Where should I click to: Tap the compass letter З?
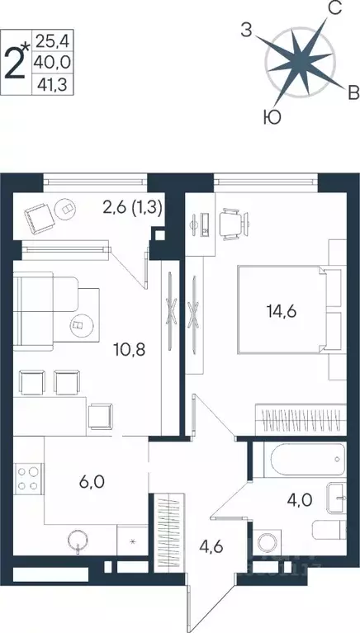coord(246,31)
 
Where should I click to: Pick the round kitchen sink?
coord(78,541)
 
